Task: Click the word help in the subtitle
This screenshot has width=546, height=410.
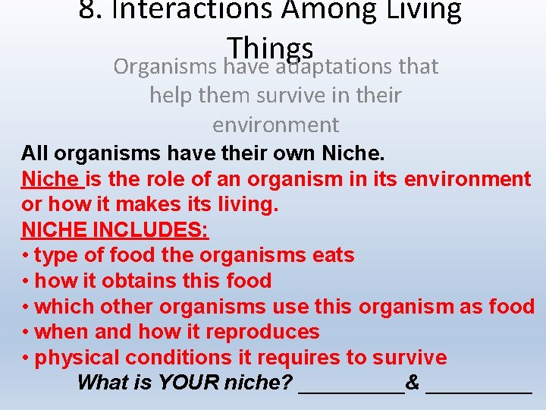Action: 172,96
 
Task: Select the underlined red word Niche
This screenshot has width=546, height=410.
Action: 51,179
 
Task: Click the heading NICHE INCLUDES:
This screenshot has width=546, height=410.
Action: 115,230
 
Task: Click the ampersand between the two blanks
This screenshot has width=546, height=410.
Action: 413,383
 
